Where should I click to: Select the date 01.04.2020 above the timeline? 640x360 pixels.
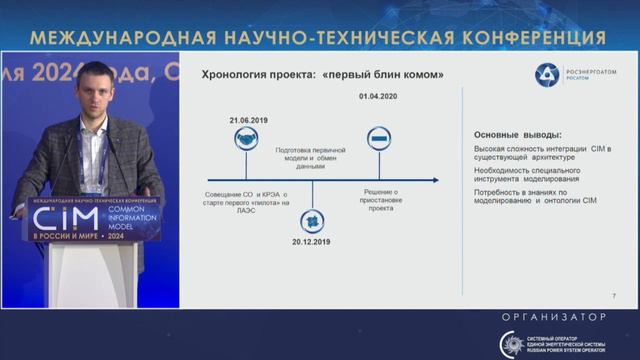(x=378, y=97)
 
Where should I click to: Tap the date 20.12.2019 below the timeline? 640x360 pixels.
(x=311, y=242)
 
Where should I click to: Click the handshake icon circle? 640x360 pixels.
(x=246, y=141)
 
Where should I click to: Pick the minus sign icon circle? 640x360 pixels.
(x=378, y=138)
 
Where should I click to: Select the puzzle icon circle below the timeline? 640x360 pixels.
(x=311, y=219)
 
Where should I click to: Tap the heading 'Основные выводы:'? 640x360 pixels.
(x=516, y=135)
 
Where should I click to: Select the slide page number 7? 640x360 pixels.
(x=612, y=297)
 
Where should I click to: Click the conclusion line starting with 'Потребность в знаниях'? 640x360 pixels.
(x=535, y=195)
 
